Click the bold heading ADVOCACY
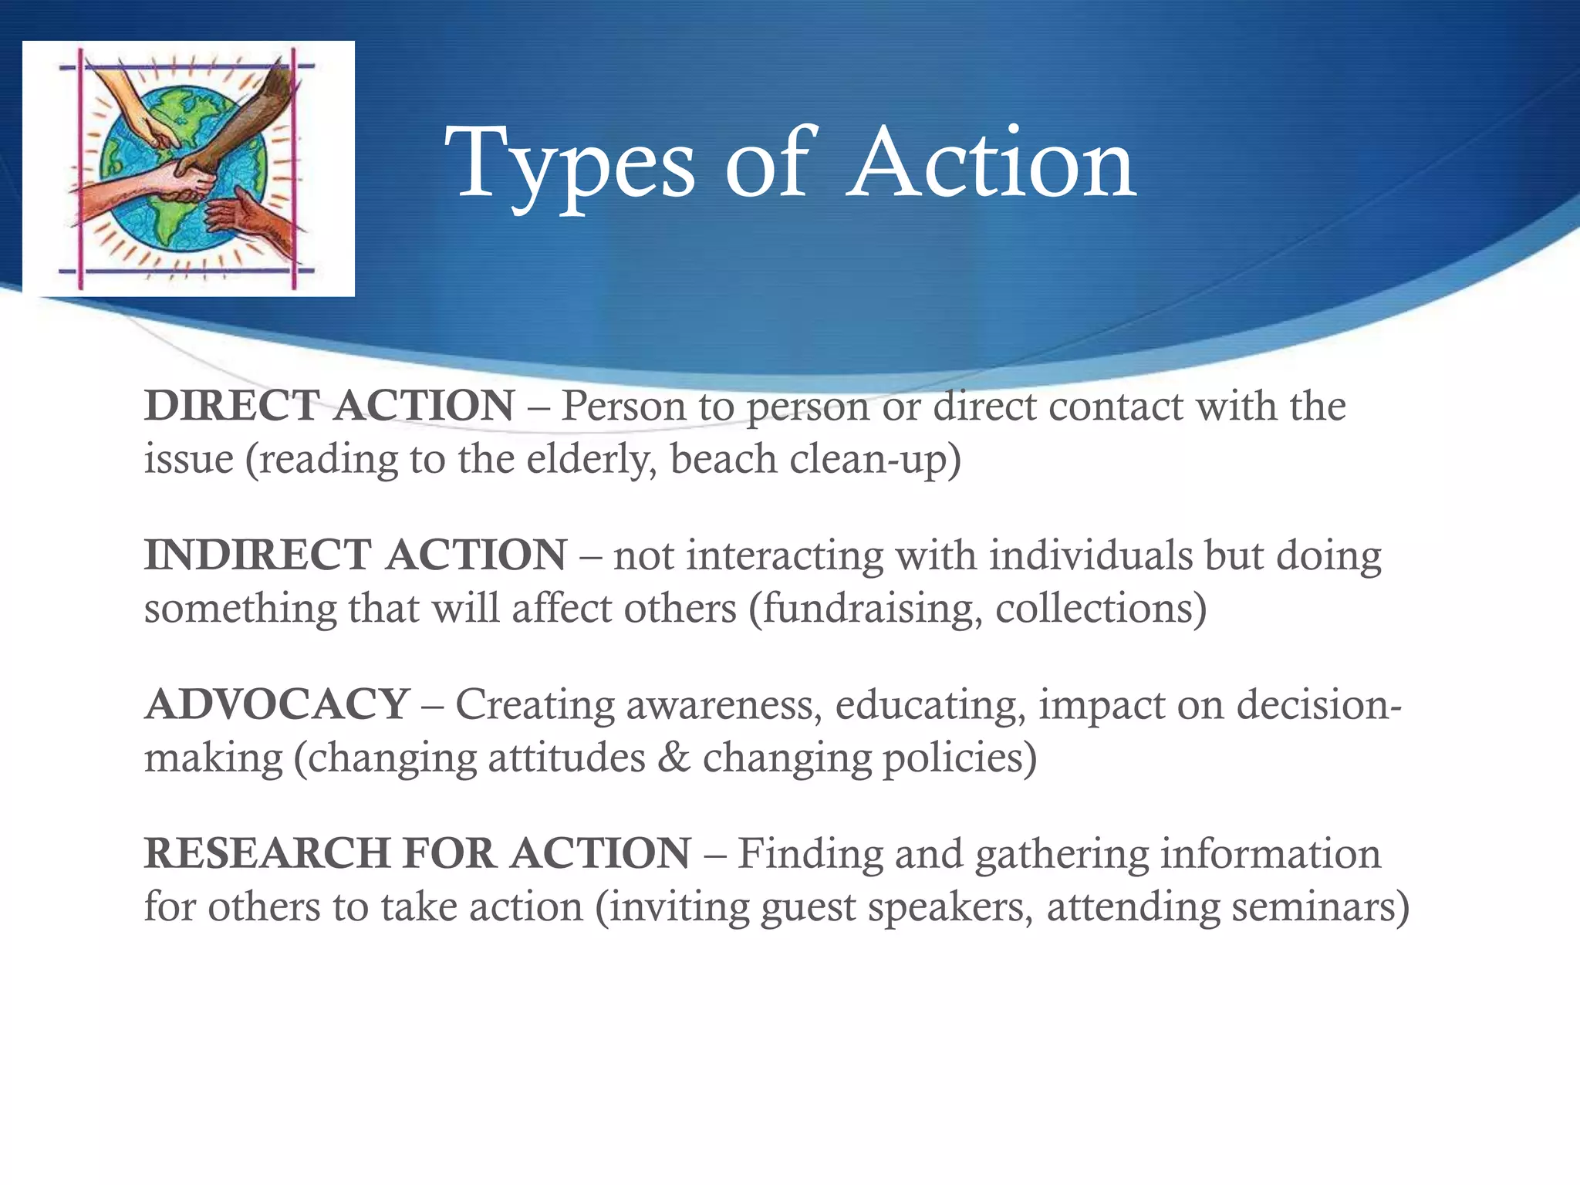[277, 704]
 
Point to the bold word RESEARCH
[267, 853]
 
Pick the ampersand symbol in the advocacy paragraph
[674, 758]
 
